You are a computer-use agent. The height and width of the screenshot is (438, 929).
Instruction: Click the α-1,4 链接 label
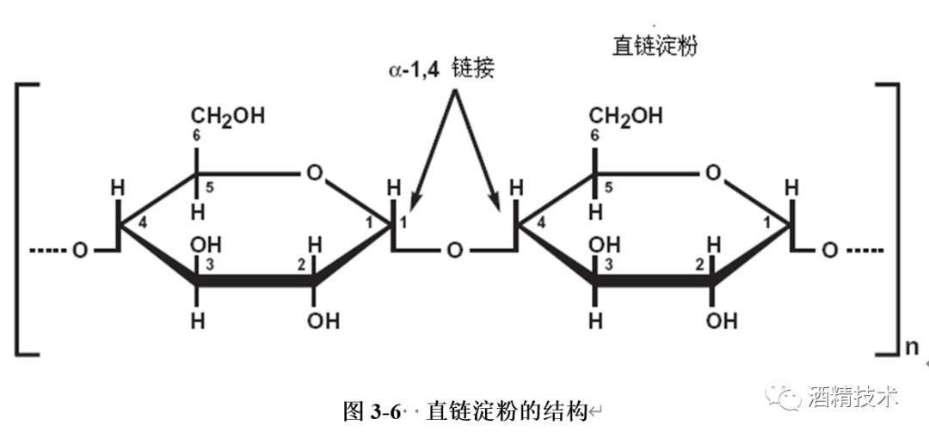coord(440,70)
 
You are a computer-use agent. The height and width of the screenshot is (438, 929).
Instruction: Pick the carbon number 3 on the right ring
coord(606,264)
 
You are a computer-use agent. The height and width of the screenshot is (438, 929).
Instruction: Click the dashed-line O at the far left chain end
coord(79,251)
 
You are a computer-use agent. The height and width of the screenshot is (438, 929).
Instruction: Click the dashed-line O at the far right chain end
coord(828,251)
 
